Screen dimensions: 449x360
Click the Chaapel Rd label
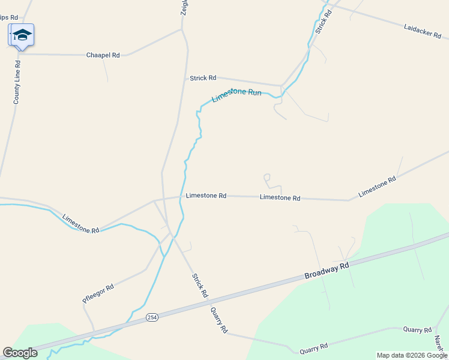click(103, 55)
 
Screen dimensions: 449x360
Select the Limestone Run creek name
click(237, 95)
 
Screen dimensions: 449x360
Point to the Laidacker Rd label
click(423, 31)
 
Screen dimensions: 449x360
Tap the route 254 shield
click(152, 317)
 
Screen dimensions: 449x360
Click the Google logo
click(20, 353)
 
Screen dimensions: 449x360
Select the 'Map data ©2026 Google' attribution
click(412, 355)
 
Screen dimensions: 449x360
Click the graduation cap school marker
click(22, 35)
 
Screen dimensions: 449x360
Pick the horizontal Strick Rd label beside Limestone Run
click(203, 78)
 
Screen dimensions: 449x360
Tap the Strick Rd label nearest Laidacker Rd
click(324, 21)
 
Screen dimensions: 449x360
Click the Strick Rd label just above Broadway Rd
click(200, 286)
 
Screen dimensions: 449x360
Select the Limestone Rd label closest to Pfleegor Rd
click(80, 224)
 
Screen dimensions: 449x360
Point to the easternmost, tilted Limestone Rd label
click(378, 187)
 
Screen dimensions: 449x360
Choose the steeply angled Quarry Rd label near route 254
click(219, 320)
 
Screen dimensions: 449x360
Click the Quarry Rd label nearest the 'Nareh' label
click(417, 330)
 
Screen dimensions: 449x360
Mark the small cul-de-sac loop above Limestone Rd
click(267, 177)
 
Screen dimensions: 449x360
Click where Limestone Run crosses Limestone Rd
click(181, 197)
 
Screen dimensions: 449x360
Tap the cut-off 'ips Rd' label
click(9, 18)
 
